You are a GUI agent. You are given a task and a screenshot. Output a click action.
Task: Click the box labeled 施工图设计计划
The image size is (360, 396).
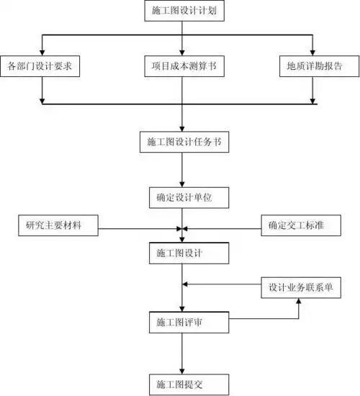point(183,12)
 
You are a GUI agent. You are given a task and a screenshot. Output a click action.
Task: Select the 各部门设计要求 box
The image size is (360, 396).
point(43,67)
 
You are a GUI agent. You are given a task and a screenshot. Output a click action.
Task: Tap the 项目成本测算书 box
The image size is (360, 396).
point(183,67)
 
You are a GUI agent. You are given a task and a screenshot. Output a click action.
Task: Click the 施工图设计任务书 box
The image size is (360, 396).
point(183,142)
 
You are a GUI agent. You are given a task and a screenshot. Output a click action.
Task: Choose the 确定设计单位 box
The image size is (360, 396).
point(183,196)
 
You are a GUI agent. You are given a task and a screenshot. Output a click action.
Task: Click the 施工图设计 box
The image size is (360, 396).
point(183,253)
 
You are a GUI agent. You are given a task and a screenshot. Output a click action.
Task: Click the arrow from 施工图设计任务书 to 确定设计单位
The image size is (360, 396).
point(183,168)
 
